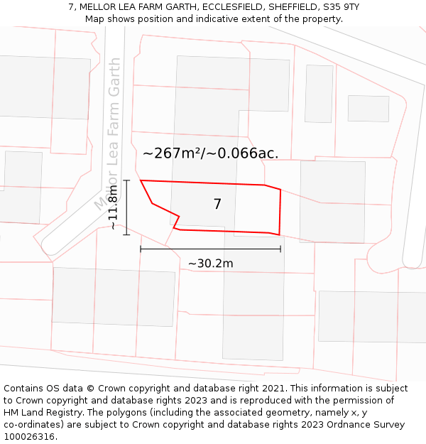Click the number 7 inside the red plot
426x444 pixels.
click(217, 205)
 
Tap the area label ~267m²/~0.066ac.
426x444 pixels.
click(210, 153)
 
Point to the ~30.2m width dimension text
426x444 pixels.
click(210, 264)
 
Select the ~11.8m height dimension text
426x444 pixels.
click(114, 207)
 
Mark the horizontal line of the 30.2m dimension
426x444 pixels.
click(210, 249)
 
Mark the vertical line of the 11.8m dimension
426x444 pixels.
click(126, 207)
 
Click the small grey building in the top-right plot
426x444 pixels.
click(368, 109)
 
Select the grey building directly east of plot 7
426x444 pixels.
click(332, 201)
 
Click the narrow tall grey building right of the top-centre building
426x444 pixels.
click(319, 93)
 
